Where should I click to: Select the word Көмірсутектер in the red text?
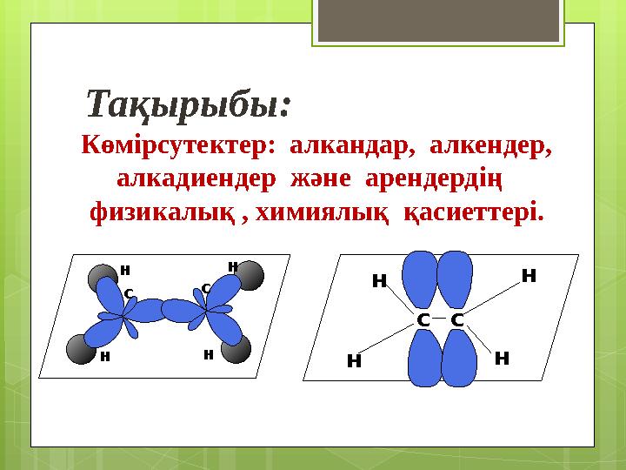click(178, 145)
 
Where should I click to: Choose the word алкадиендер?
click(196, 179)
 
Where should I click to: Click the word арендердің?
click(434, 180)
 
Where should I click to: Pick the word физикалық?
click(163, 212)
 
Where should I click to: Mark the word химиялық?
click(322, 213)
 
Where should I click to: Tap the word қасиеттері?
click(474, 212)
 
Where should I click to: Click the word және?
click(321, 179)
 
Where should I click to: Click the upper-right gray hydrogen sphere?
click(250, 275)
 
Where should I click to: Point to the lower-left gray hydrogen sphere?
click(81, 349)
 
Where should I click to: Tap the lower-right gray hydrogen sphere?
click(236, 348)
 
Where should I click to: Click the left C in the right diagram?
click(423, 320)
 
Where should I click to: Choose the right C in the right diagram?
click(457, 320)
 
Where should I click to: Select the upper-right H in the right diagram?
click(529, 276)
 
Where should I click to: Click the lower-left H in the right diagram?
click(354, 361)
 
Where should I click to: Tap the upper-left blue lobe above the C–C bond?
click(420, 279)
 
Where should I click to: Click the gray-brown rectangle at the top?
click(438, 20)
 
